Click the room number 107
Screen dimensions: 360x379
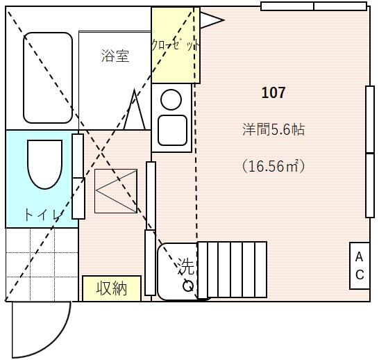coord(273,92)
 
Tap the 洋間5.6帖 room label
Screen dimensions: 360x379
coord(273,130)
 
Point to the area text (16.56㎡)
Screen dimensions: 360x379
coord(273,166)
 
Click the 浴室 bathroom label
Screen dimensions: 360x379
coord(115,56)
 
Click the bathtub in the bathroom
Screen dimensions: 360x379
coord(48,77)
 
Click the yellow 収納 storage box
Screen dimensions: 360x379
coord(111,288)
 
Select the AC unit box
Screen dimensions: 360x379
coord(360,266)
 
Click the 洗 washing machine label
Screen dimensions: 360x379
coord(186,265)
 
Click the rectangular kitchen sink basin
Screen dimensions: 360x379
coord(171,129)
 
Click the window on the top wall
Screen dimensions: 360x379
coord(314,6)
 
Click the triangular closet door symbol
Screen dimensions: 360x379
coord(211,20)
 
